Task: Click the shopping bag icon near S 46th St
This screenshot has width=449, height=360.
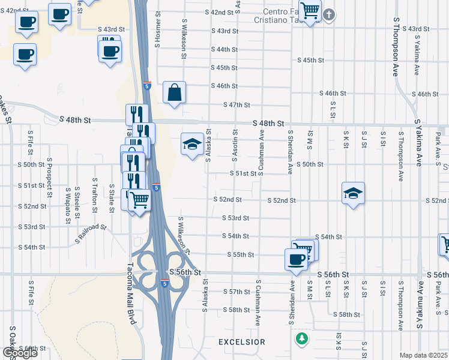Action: (x=174, y=93)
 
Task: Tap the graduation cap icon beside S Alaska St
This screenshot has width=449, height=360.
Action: (x=192, y=145)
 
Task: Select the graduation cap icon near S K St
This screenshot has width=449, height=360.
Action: (x=354, y=193)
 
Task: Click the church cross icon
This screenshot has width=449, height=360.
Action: (x=329, y=14)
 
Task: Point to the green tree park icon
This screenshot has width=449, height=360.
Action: (x=301, y=339)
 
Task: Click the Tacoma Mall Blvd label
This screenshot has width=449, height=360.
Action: (x=133, y=295)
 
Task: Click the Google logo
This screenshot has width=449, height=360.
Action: (x=19, y=352)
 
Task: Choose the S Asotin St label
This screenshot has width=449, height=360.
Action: (x=235, y=146)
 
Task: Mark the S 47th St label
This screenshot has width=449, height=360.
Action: (x=236, y=105)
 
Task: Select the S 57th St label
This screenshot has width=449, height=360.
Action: (x=236, y=292)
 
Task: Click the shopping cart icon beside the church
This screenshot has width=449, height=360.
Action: (x=310, y=10)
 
